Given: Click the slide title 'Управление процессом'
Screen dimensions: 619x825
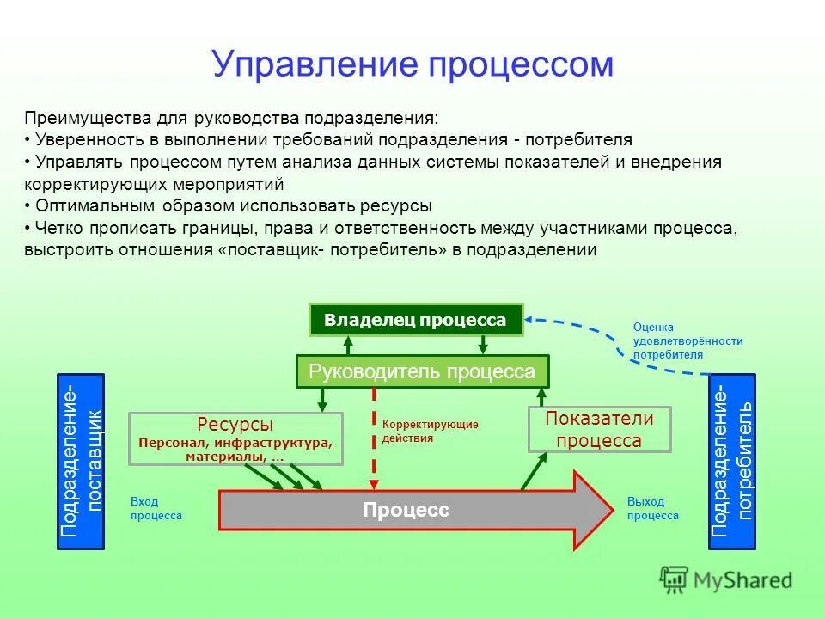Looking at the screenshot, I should coord(412,64).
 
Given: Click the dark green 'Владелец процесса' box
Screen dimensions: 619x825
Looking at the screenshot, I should coord(416,320).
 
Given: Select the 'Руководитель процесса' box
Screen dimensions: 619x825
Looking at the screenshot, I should coord(422,371).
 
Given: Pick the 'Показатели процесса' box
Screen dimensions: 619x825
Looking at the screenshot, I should coord(599,430).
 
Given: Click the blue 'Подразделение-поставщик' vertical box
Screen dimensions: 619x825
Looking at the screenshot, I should coord(80,462).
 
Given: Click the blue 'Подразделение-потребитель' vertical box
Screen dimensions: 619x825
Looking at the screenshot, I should coord(731,462).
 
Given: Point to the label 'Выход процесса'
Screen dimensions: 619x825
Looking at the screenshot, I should coord(652,509).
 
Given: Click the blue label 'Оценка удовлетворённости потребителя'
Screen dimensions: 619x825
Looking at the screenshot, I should coord(687,340).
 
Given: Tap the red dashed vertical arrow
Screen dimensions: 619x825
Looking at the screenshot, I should coord(374,438).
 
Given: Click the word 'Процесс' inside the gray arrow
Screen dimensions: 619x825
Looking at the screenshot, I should coord(406,511).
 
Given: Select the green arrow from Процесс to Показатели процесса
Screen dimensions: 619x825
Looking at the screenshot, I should coord(534,472).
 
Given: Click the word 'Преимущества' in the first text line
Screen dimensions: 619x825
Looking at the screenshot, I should coord(76,117).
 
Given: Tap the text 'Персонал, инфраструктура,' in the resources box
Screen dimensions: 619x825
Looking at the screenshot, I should coord(235,443).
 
